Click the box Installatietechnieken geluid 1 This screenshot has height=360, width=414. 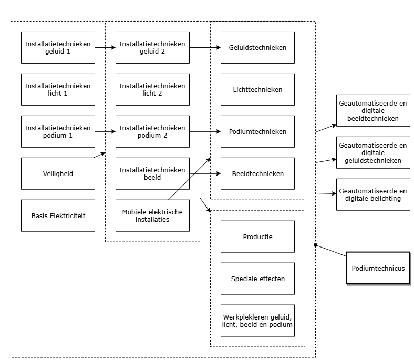coord(58,47)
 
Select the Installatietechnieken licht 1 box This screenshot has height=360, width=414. coord(58,89)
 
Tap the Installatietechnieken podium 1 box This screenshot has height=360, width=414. coord(58,131)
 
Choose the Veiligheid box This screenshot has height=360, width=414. coord(58,173)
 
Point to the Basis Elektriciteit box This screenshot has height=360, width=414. coord(58,215)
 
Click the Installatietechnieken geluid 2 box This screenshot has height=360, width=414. coord(152,47)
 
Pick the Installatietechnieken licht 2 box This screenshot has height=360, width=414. coord(152,89)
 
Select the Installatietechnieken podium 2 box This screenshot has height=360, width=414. coord(152,131)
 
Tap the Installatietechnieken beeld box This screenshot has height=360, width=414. coord(152,173)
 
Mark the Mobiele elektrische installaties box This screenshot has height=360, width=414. coord(152,215)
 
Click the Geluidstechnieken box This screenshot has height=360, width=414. coord(257,47)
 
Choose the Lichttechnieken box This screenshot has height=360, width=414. coord(257,89)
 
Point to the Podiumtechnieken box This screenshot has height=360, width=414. coord(257,131)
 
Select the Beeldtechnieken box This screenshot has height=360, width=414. coord(257,173)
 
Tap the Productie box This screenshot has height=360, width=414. coord(257,236)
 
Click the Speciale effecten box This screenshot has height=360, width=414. coord(257,279)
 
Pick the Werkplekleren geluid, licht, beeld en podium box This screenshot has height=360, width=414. coord(257,321)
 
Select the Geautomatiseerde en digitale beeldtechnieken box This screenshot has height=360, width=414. coord(373,111)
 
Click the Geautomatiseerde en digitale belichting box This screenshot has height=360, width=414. coord(373,194)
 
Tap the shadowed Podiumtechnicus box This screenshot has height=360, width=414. coord(378,268)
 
